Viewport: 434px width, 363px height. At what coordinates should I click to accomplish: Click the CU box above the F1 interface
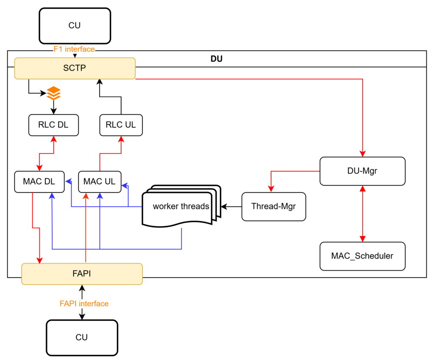point(75,26)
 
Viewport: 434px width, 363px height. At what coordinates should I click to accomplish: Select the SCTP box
point(75,68)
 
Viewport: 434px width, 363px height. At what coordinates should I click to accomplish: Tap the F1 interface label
point(74,49)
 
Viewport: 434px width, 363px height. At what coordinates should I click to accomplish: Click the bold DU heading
point(217,59)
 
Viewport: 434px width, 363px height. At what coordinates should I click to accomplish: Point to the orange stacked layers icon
point(53,93)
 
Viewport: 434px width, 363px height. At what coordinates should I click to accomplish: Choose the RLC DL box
point(53,125)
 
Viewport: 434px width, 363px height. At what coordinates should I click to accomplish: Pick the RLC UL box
point(121,125)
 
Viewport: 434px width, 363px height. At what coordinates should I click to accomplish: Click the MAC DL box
point(39,181)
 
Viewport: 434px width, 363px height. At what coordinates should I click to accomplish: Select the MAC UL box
point(100,181)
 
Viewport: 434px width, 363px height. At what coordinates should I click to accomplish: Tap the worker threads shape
point(181,206)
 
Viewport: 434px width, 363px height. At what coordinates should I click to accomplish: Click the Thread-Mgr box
point(273,206)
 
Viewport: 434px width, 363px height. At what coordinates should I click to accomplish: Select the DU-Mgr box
point(362,171)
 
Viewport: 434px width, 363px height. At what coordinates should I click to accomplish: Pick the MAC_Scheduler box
point(362,256)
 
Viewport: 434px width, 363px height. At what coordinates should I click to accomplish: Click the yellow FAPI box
point(82,274)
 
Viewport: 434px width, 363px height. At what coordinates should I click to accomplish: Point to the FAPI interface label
point(84,304)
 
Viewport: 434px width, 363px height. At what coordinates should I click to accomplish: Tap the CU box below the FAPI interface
point(82,337)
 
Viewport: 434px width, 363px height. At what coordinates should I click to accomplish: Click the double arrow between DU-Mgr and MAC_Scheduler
point(362,214)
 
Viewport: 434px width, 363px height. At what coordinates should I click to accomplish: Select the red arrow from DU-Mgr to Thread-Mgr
point(288,171)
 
